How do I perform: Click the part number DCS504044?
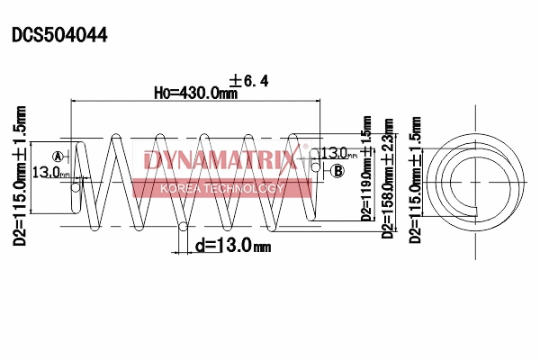59,35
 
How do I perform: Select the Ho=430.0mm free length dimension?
195,92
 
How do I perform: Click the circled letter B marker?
337,170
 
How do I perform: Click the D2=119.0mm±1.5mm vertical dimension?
366,168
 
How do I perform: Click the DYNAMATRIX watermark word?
220,161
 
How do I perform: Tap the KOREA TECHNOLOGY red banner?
221,189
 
